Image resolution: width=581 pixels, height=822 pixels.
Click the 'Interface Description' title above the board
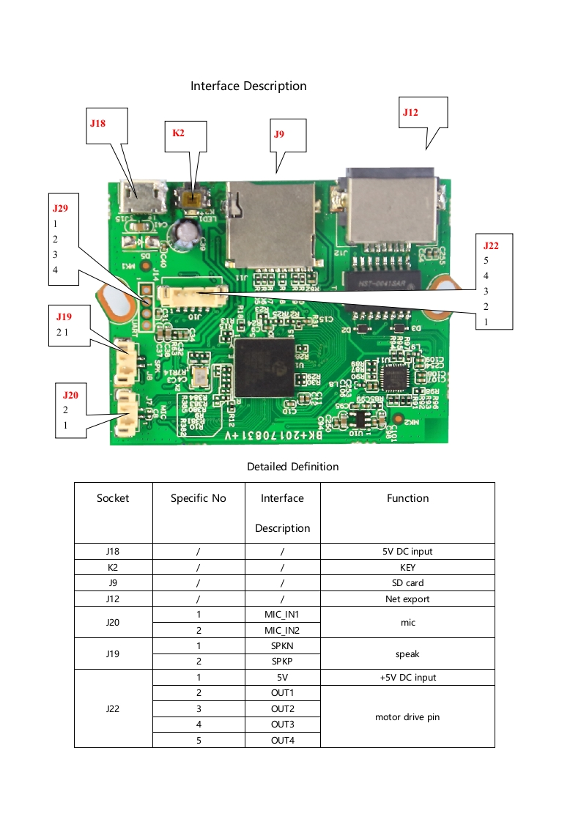pyautogui.click(x=248, y=86)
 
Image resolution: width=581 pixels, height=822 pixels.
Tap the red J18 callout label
pyautogui.click(x=97, y=123)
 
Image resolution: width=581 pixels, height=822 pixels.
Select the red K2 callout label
pyautogui.click(x=178, y=133)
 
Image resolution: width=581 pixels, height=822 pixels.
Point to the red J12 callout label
pyautogui.click(x=410, y=112)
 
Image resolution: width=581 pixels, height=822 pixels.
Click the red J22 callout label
pyautogui.click(x=491, y=246)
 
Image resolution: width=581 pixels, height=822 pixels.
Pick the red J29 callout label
pyautogui.click(x=60, y=208)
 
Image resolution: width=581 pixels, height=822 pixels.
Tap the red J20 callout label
pyautogui.click(x=70, y=395)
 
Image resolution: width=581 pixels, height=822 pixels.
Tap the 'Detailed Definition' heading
pyautogui.click(x=292, y=467)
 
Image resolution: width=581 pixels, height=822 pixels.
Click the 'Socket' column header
pyautogui.click(x=113, y=498)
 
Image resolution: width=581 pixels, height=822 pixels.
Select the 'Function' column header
pyautogui.click(x=407, y=498)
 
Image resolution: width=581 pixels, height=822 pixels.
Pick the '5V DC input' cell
pyautogui.click(x=407, y=551)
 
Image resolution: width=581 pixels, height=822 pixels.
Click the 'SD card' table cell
pyautogui.click(x=407, y=583)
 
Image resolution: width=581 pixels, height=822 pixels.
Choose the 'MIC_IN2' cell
pyautogui.click(x=282, y=630)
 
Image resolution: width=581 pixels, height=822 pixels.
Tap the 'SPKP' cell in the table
pyautogui.click(x=282, y=662)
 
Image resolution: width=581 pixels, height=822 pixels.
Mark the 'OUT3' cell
pyautogui.click(x=282, y=725)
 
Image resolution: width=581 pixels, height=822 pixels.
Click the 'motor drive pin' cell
pyautogui.click(x=407, y=717)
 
